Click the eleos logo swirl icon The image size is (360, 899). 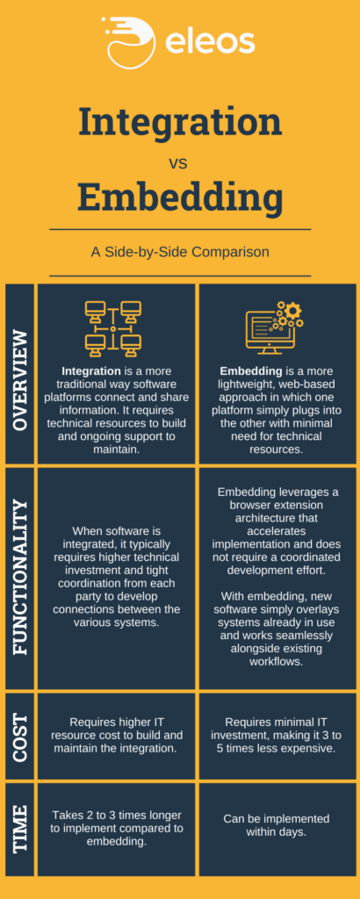click(x=130, y=40)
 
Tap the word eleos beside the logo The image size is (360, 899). click(x=210, y=42)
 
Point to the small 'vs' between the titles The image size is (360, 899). click(x=178, y=163)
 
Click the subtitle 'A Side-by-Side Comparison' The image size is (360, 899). click(x=180, y=252)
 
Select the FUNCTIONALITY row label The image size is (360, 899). click(x=19, y=578)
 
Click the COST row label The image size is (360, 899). click(x=19, y=737)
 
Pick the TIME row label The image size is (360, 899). click(x=19, y=829)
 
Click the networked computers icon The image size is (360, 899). click(x=113, y=329)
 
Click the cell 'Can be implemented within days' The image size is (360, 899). click(x=277, y=824)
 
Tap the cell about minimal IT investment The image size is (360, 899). click(x=277, y=728)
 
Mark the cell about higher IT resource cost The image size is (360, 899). click(x=118, y=728)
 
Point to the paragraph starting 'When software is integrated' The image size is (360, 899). click(x=118, y=576)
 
